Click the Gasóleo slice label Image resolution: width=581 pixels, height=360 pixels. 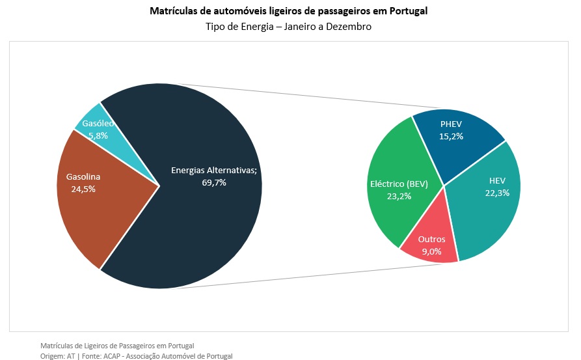[x=98, y=124]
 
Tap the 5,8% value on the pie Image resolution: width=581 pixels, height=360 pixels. [x=98, y=135]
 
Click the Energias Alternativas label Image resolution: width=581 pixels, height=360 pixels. [x=214, y=170]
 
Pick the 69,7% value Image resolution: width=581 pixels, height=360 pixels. [x=214, y=182]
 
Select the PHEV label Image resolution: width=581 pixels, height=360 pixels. [x=451, y=124]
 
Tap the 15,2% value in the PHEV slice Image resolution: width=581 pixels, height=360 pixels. [x=451, y=136]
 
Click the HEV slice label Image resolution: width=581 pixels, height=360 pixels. [x=497, y=180]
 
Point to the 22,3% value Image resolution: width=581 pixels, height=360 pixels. [x=497, y=193]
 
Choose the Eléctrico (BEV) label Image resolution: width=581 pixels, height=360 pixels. [x=399, y=184]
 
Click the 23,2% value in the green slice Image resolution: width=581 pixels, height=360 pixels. [x=399, y=196]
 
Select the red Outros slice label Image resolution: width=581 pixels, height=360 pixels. [x=431, y=239]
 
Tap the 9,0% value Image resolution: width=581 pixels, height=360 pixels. [x=431, y=251]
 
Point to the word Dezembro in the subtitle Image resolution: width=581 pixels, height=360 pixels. [x=349, y=27]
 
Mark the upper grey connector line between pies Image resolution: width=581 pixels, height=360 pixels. [x=306, y=96]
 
